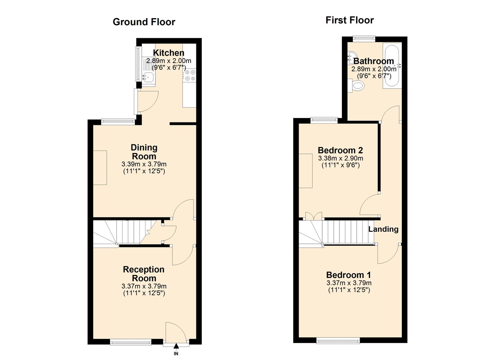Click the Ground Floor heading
pos(144,22)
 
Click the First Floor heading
pos(349,20)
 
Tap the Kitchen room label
pos(168,53)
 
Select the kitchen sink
pos(147,77)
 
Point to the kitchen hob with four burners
pos(190,75)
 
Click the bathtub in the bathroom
pos(390,66)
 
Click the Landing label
pos(383,229)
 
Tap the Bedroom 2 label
pos(340,150)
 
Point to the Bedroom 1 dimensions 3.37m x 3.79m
pos(349,283)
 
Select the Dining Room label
pos(144,152)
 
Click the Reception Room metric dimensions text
pos(144,286)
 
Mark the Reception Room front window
pos(131,341)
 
